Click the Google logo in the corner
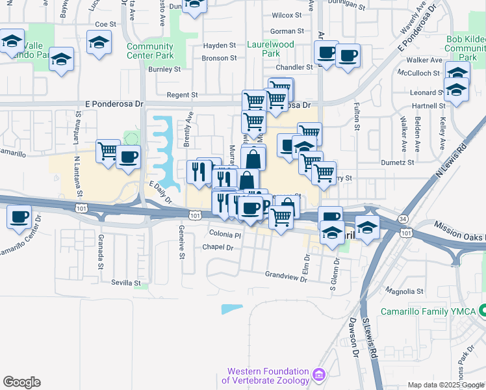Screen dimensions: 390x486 pos(21,382)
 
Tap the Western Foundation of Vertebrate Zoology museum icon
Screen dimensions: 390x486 pos(318,375)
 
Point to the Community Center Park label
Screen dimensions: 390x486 pos(150,51)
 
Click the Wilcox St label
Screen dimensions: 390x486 pos(287,14)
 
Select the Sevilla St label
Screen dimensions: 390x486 pos(125,283)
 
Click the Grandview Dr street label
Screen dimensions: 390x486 pos(285,275)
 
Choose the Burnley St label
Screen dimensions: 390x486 pos(164,69)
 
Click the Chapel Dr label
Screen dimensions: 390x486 pos(218,247)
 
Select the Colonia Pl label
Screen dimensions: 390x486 pos(225,234)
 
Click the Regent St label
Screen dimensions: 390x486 pos(181,95)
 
